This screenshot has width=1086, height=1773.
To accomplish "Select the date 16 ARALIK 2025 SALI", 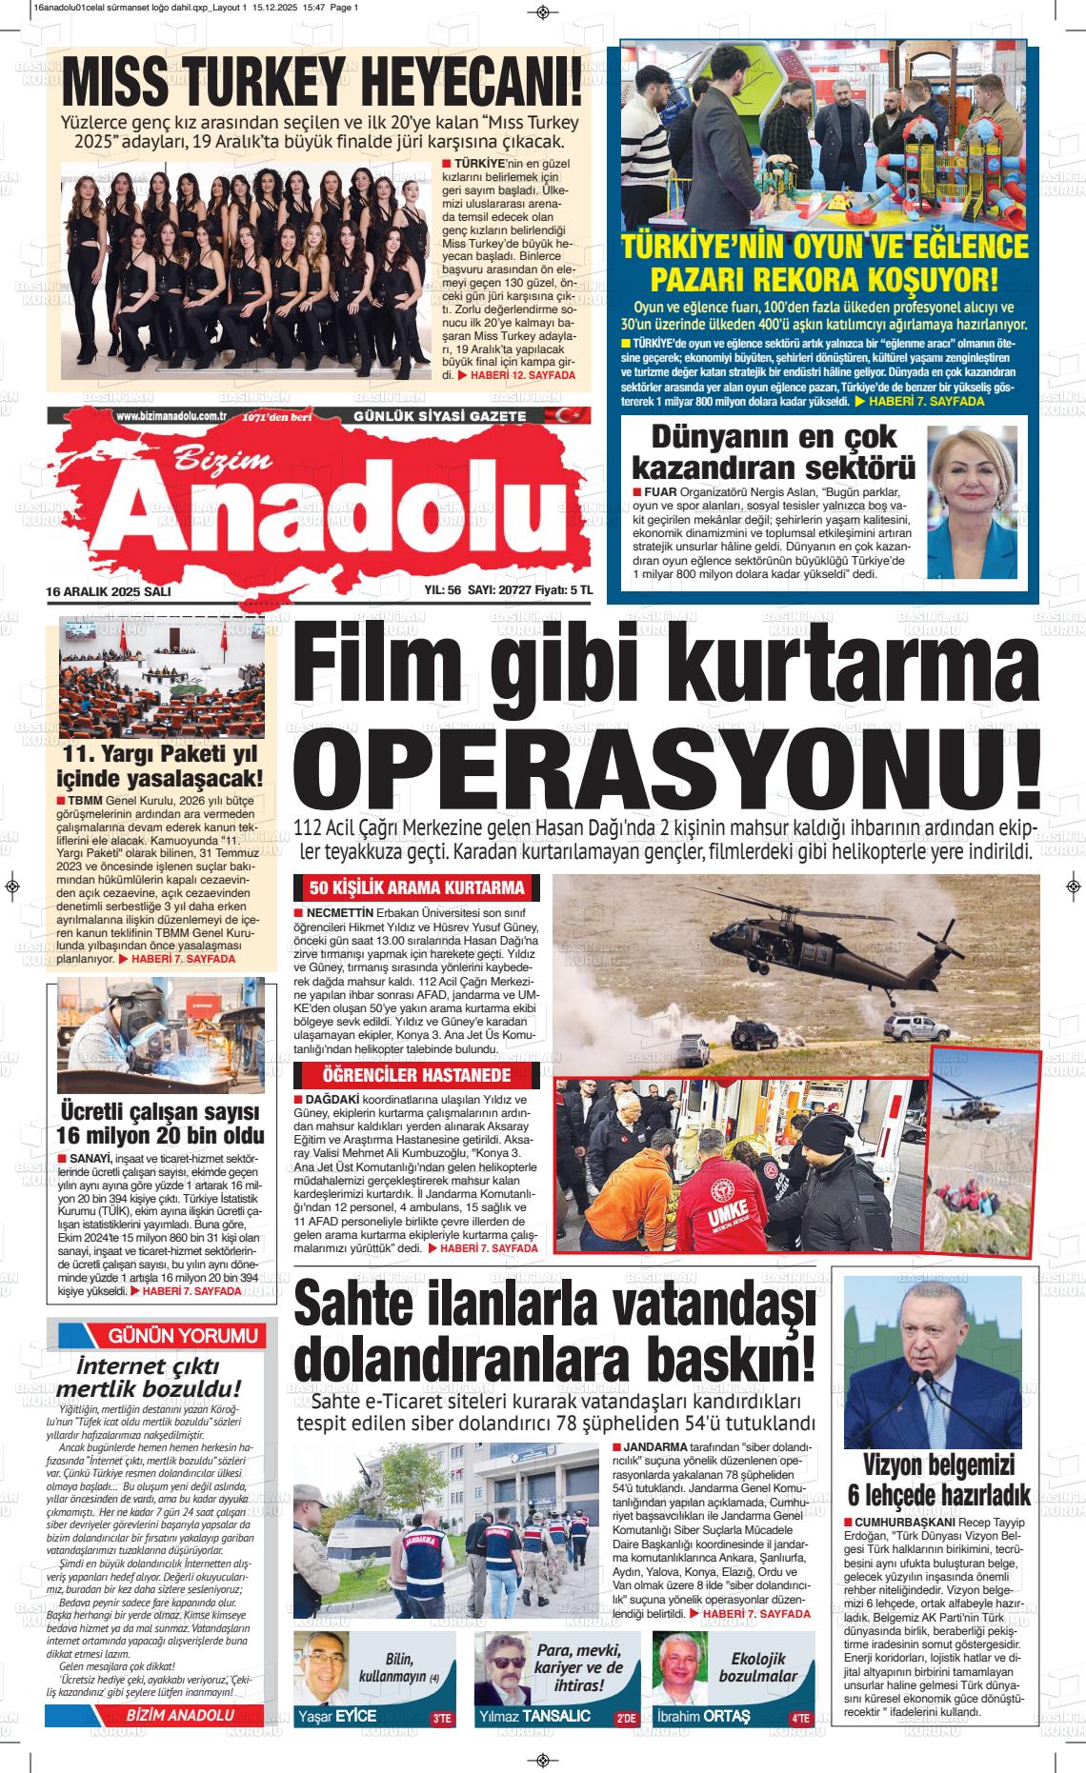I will point(108,591).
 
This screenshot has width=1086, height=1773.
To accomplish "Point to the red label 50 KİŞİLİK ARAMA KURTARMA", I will point(416,888).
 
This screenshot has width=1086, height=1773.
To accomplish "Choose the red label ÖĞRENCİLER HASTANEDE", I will point(416,1076).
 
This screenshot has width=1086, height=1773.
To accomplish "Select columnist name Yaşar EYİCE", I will point(336,1717).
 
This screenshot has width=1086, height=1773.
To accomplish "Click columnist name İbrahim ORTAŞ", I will point(704,1717).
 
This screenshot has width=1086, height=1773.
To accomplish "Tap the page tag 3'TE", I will point(442,1720).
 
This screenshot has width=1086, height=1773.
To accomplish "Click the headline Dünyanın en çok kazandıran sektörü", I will point(774,451).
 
